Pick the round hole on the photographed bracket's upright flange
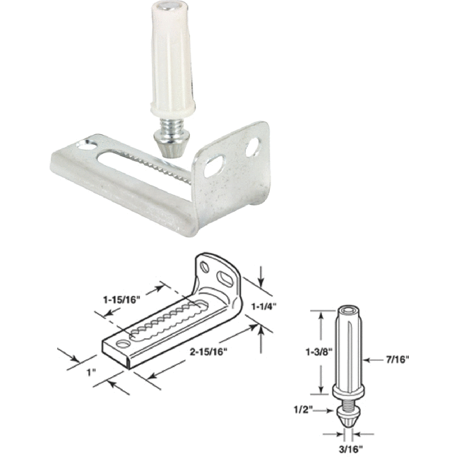pyautogui.click(x=251, y=148)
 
